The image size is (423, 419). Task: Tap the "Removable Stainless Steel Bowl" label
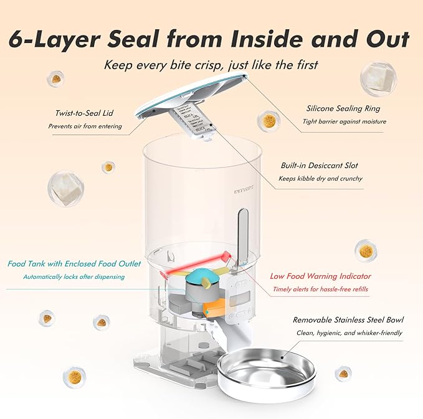[348, 320]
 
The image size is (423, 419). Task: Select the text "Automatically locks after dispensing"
[74, 276]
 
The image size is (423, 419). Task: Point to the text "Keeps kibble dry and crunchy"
[321, 179]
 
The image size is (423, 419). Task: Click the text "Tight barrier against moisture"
[344, 121]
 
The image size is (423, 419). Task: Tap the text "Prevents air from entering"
[85, 126]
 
